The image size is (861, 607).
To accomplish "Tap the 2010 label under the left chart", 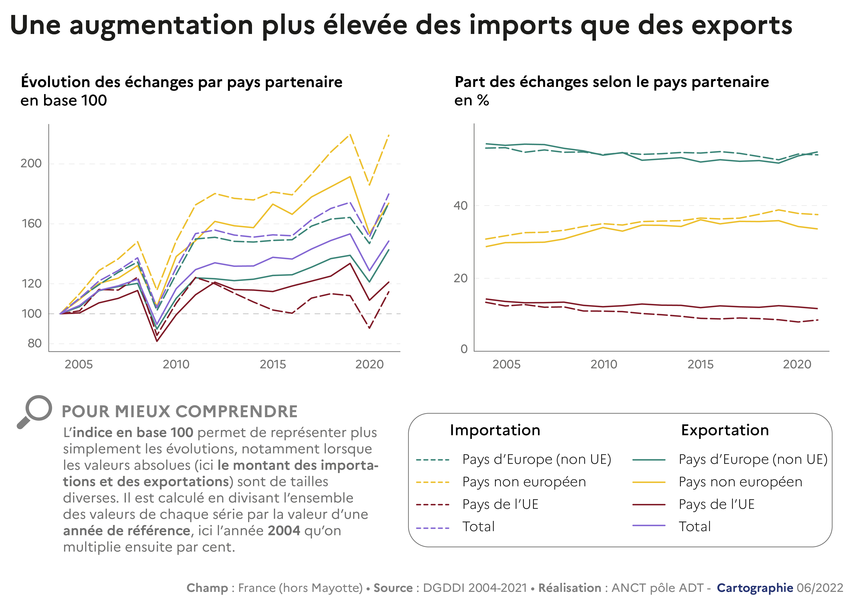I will click(176, 364).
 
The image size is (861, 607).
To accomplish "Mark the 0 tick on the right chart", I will click(464, 349).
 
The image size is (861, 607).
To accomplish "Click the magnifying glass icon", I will click(35, 411).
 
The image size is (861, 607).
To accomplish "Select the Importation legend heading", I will click(495, 430).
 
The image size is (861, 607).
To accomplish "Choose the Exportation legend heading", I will click(725, 430).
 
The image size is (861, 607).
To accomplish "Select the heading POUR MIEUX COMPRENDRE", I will click(180, 411).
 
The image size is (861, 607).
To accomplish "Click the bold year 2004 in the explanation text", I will click(284, 531).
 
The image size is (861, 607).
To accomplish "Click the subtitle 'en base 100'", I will click(64, 100).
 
